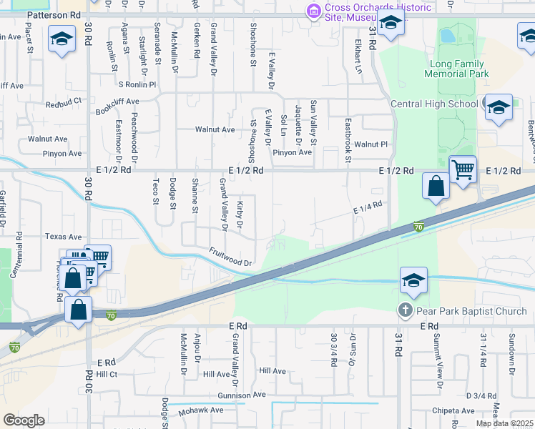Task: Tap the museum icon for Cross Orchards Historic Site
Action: point(313,11)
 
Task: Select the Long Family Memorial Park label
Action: point(458,69)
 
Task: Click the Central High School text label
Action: point(434,104)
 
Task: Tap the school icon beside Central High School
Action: point(499,108)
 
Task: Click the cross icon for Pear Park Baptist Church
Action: point(406,311)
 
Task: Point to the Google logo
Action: point(24,420)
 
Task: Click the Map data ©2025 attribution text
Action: point(504,423)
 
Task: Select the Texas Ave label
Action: point(64,236)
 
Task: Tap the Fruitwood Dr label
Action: point(231,257)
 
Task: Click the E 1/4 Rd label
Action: point(368,207)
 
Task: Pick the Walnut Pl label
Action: point(375,144)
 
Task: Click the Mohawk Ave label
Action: point(201,410)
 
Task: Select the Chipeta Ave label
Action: point(452,411)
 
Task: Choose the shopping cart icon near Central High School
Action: point(463,170)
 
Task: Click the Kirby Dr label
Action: point(239,215)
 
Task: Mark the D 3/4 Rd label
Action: point(481,395)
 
